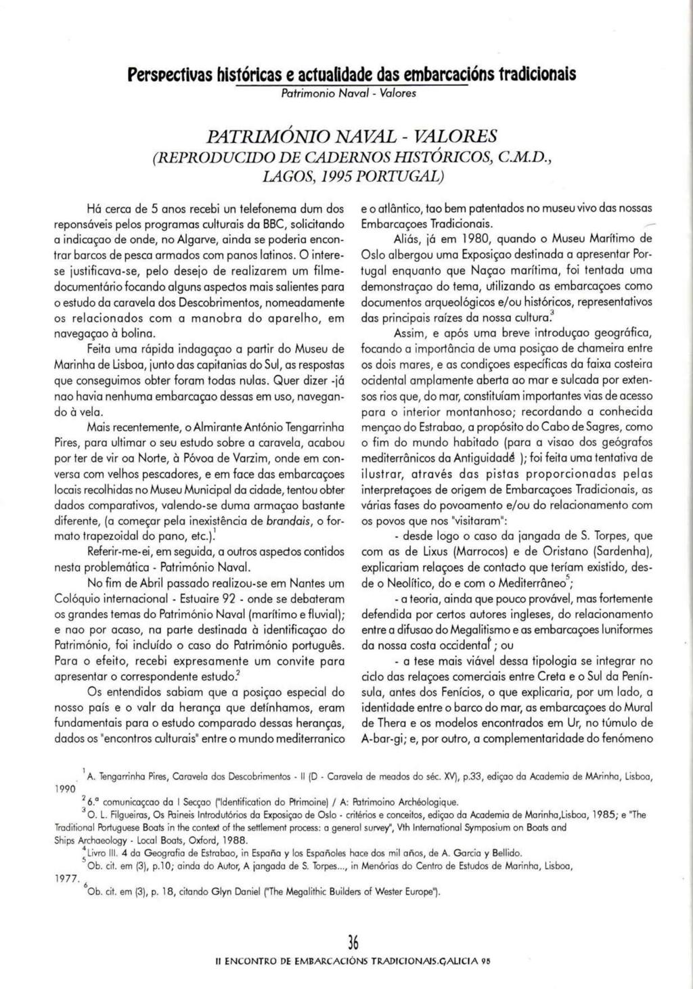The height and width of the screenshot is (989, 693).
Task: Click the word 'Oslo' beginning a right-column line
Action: tap(373, 256)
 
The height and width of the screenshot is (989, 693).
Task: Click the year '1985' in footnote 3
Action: tap(589, 817)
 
